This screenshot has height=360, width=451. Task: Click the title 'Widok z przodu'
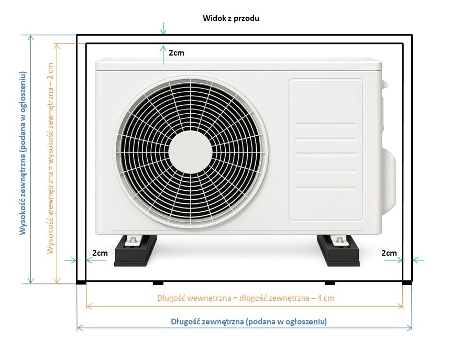pos(230,18)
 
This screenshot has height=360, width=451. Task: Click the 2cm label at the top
pos(177,52)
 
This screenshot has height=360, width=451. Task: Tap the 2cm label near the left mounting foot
pos(100,253)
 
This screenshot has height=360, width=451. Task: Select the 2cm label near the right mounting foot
pos(389,253)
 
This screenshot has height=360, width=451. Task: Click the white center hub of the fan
pos(191,152)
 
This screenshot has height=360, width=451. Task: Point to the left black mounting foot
pos(136,250)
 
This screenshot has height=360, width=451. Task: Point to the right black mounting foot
pos(338,250)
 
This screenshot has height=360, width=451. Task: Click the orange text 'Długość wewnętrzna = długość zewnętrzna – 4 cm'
pos(246,298)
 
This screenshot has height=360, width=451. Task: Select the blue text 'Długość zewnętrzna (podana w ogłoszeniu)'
pos(249,321)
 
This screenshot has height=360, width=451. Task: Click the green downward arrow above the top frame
pos(163,28)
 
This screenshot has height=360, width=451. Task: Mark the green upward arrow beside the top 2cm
pos(163,54)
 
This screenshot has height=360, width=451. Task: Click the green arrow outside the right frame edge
pos(418,260)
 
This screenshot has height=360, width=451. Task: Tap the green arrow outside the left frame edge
pos(71,260)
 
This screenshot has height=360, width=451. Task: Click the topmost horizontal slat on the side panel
pos(326,125)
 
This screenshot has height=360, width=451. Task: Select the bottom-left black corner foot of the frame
pos(81,283)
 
